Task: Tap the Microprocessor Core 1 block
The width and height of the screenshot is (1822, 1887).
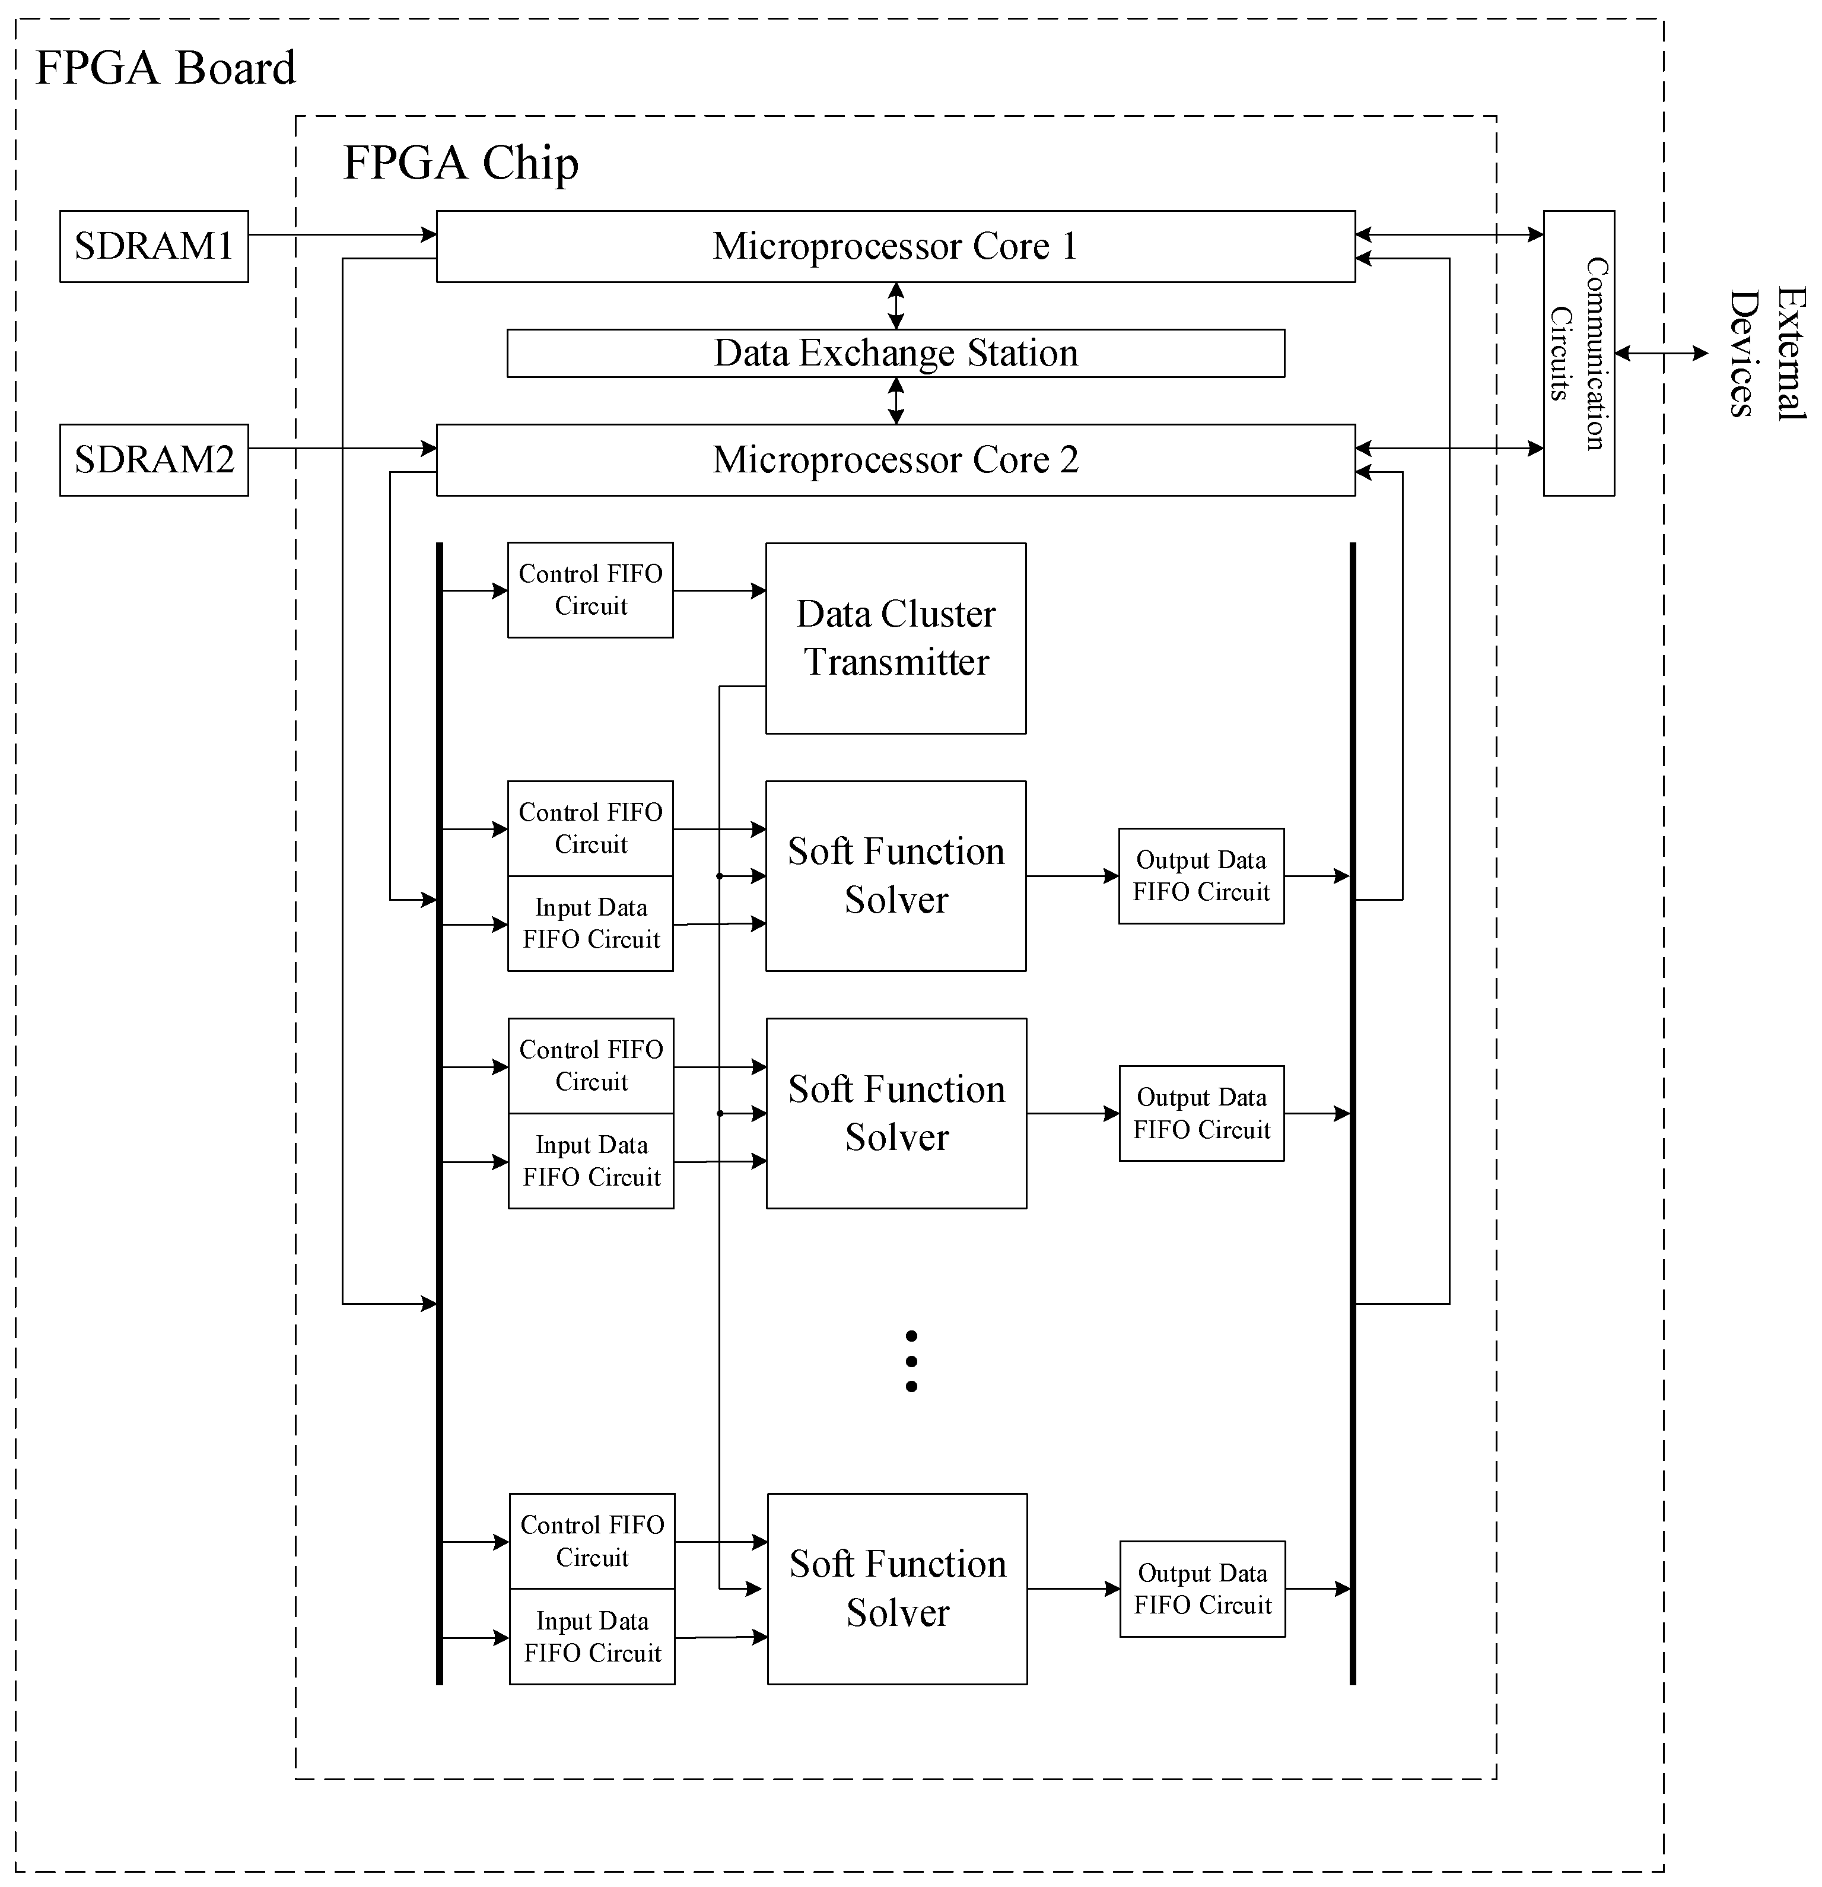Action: pos(895,246)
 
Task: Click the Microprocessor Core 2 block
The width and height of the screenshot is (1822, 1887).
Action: pos(895,460)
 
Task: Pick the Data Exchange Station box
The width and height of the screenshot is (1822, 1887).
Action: pos(895,353)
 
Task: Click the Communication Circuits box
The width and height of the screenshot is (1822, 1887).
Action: pos(1579,353)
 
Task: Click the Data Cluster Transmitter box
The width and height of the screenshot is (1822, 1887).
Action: pos(895,638)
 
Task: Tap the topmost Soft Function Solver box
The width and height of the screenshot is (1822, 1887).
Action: pos(895,876)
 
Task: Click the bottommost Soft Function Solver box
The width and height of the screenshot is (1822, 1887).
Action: pos(897,1589)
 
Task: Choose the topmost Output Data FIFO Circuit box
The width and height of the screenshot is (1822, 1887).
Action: pos(1201,876)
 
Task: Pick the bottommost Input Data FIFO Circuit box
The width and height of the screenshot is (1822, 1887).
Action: pos(592,1637)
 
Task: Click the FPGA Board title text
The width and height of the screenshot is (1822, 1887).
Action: pos(166,68)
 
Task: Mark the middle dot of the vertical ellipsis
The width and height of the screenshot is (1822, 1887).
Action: pos(911,1361)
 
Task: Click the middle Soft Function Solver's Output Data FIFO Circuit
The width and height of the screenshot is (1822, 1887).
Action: pos(1201,1114)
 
